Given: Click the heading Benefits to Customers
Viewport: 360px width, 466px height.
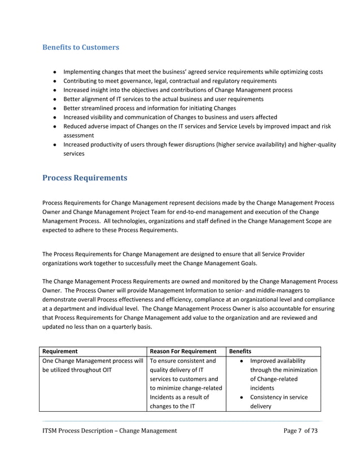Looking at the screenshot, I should coord(81,47).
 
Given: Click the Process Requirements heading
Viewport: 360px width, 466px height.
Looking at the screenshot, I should coord(85,178).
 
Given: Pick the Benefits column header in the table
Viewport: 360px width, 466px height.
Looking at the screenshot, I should coord(240,351).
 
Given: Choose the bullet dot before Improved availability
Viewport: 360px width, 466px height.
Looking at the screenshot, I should coord(241,361).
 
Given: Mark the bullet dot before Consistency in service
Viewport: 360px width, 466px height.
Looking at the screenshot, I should coord(241,398).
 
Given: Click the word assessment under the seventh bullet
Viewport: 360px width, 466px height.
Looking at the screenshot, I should coord(79,135).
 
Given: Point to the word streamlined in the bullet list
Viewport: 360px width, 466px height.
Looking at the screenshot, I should coord(101,108).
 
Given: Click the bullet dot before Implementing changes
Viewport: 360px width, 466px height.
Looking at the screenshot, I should coord(55,72).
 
